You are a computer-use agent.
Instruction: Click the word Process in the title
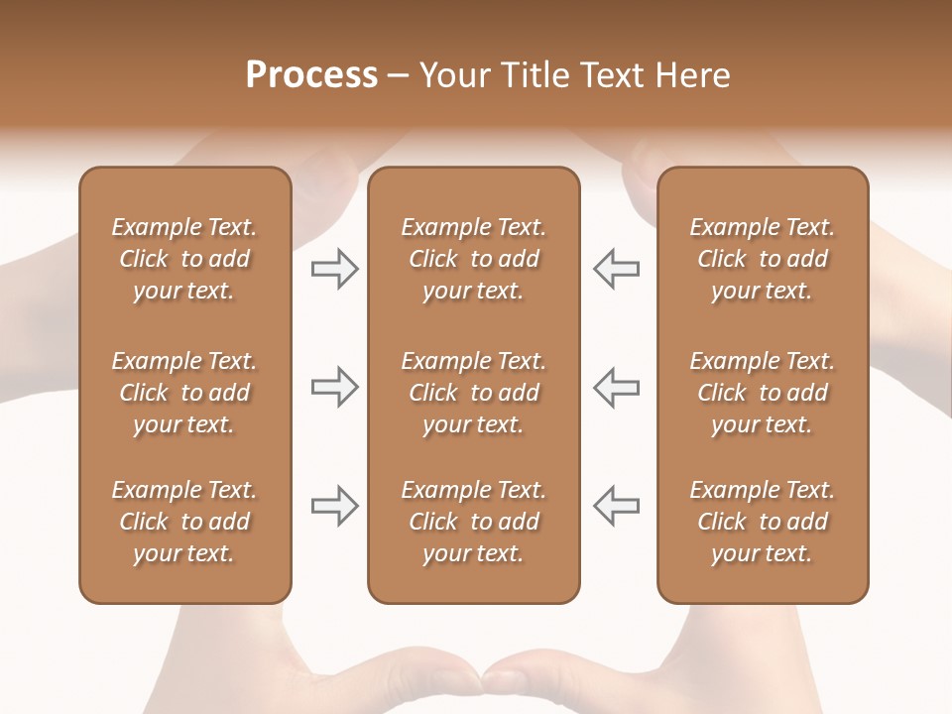(x=311, y=75)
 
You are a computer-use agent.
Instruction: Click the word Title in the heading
(x=534, y=75)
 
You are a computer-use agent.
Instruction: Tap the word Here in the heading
(x=693, y=75)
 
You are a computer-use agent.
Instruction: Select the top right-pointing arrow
(x=335, y=268)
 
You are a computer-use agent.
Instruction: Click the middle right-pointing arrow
(x=335, y=387)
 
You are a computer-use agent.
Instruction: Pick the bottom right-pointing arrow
(x=335, y=506)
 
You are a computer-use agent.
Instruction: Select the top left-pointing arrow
(x=616, y=268)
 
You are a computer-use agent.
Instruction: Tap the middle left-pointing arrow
(x=616, y=387)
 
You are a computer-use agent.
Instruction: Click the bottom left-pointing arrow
(x=616, y=506)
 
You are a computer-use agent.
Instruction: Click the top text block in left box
(x=184, y=259)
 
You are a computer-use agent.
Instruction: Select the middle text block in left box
(x=184, y=393)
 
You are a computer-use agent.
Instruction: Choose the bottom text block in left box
(x=184, y=522)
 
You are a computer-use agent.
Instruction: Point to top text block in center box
(x=474, y=259)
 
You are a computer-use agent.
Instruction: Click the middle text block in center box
(x=474, y=393)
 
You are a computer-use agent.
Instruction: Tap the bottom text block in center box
(x=474, y=522)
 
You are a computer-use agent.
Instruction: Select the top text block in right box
(x=763, y=259)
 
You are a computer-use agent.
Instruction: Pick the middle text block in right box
(x=763, y=393)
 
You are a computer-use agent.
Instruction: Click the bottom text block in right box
(x=763, y=522)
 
